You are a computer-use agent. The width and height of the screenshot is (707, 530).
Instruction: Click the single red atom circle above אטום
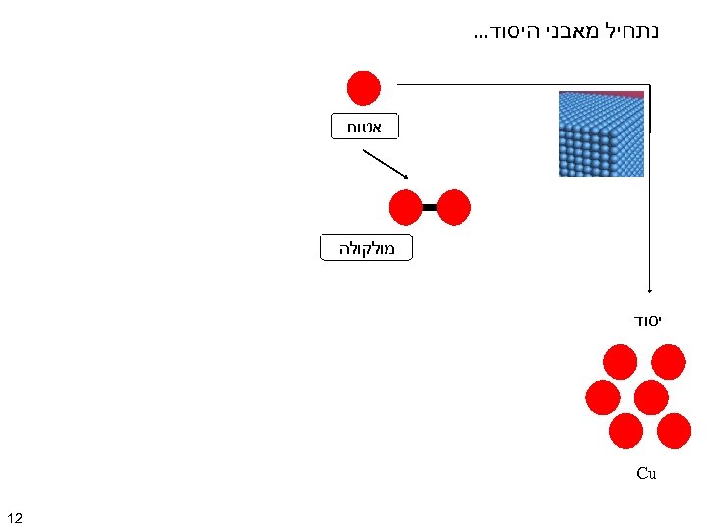tap(363, 87)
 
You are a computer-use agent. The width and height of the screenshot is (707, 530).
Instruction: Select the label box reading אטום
tap(363, 126)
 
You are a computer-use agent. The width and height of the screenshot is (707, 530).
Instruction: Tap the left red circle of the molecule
tap(406, 207)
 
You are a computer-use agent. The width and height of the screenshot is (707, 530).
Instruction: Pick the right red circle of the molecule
tap(454, 207)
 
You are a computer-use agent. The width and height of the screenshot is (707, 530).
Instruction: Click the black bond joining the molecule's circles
tap(429, 207)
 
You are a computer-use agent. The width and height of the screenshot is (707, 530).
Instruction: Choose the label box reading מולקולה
tap(366, 248)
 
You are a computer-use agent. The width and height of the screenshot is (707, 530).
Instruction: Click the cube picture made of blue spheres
tap(601, 133)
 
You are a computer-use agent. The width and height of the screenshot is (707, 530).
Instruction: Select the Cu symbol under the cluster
tap(646, 473)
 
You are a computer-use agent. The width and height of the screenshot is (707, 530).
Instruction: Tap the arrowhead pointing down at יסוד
tap(648, 291)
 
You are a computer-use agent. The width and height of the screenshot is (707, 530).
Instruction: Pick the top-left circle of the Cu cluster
tap(620, 361)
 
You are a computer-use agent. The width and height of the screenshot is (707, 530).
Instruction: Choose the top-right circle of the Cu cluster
tap(668, 361)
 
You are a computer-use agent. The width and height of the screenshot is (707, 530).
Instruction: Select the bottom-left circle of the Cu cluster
tap(625, 430)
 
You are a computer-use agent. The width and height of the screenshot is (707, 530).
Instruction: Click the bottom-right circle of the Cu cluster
tap(675, 430)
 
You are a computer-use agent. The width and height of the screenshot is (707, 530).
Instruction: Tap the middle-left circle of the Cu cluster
tap(602, 397)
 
